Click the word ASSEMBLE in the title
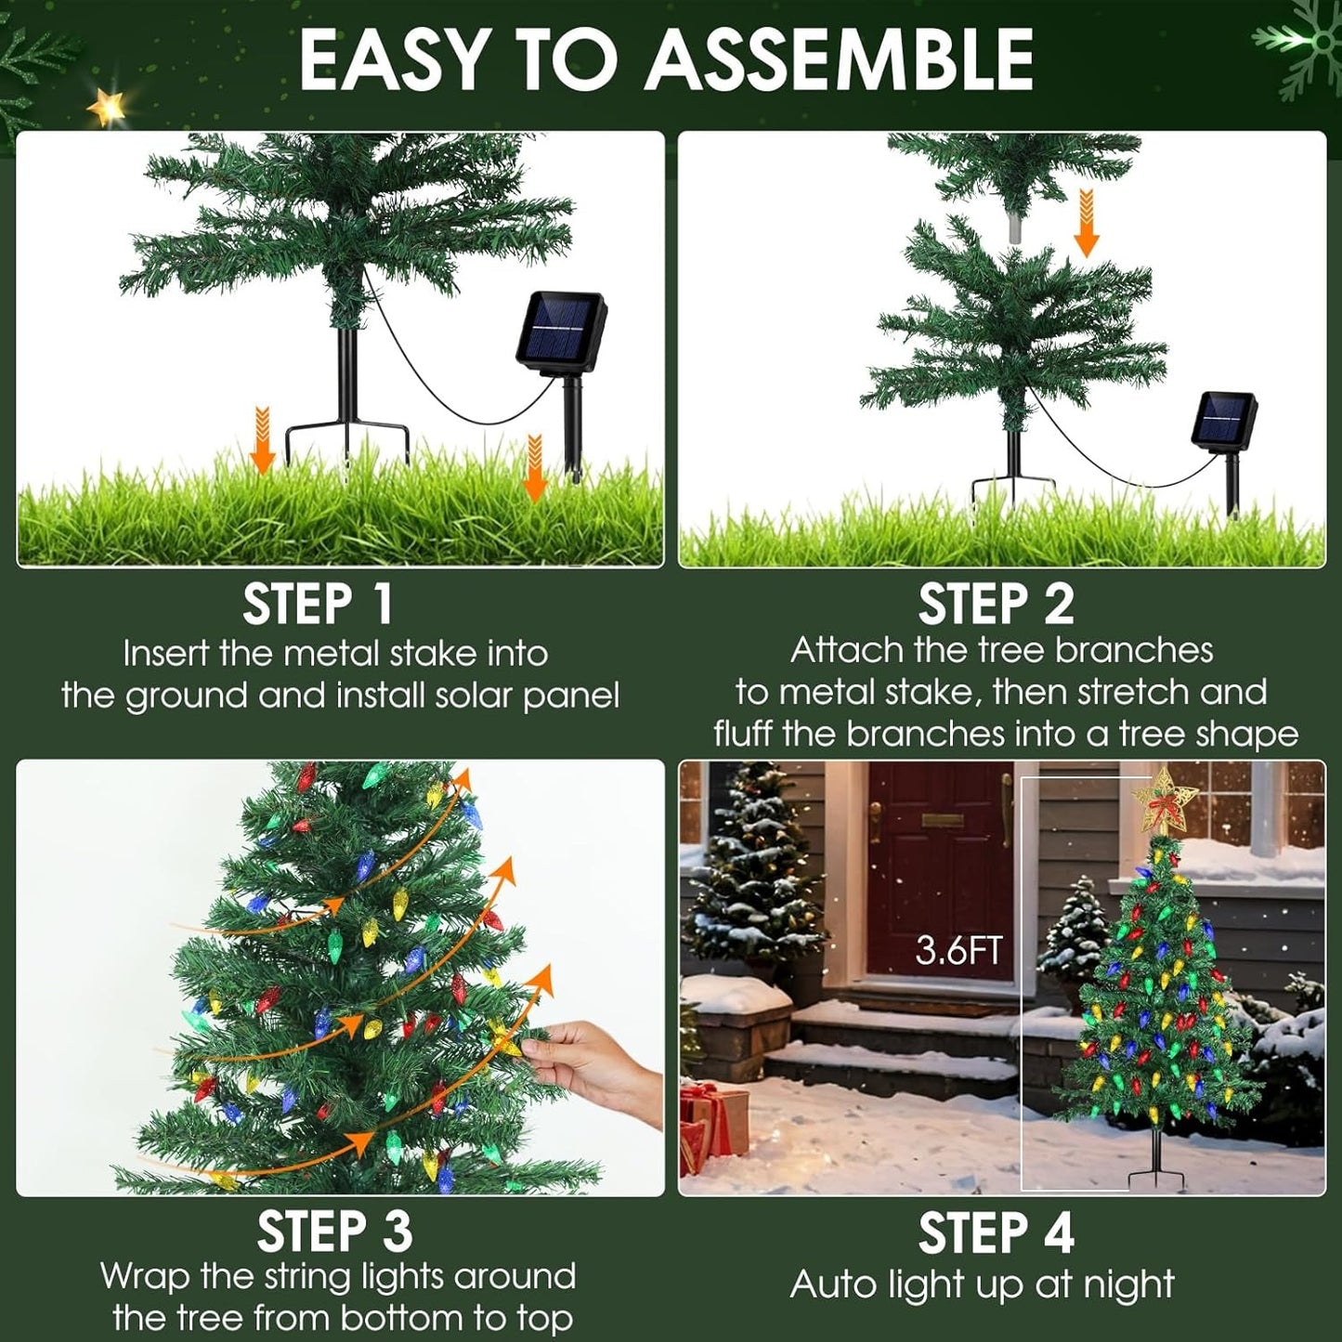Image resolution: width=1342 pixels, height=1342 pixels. (839, 61)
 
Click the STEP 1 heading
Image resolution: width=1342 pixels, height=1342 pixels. (319, 605)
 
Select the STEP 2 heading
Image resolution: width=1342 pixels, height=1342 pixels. (996, 605)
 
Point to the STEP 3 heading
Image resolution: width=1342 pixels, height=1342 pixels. (334, 1232)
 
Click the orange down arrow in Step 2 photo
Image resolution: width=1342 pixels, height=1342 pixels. (1086, 223)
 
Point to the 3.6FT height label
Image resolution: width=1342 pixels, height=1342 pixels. (958, 950)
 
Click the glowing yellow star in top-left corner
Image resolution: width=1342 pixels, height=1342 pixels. (108, 110)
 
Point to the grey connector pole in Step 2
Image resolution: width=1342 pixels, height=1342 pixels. (1014, 228)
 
